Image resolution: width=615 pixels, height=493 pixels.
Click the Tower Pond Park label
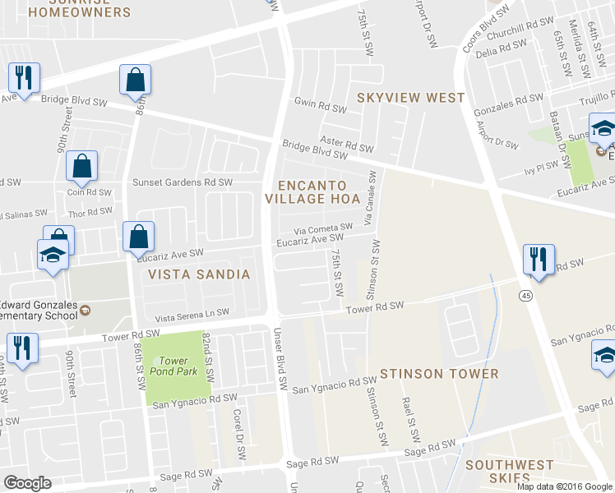point(173,366)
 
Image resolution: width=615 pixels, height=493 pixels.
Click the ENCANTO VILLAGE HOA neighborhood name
point(312,191)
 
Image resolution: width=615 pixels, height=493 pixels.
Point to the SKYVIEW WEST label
point(410,98)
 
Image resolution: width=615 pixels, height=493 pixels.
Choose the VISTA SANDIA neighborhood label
point(199,274)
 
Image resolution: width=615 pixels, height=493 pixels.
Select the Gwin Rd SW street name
point(321,107)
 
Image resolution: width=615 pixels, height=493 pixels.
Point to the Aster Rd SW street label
point(347,144)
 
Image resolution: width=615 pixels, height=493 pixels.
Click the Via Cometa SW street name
point(326,227)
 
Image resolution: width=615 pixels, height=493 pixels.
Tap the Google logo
point(29,482)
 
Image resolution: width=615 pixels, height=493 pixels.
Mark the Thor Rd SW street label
point(90,212)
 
